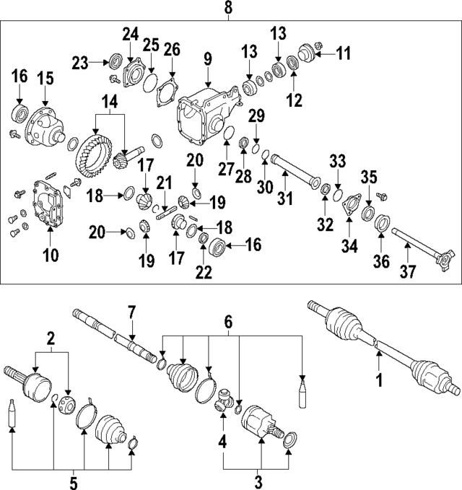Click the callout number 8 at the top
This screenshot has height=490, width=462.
[229, 9]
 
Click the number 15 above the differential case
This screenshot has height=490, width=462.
[45, 77]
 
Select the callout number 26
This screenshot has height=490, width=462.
[171, 49]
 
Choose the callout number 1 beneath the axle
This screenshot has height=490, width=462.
[377, 377]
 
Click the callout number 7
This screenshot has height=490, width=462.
[132, 312]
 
